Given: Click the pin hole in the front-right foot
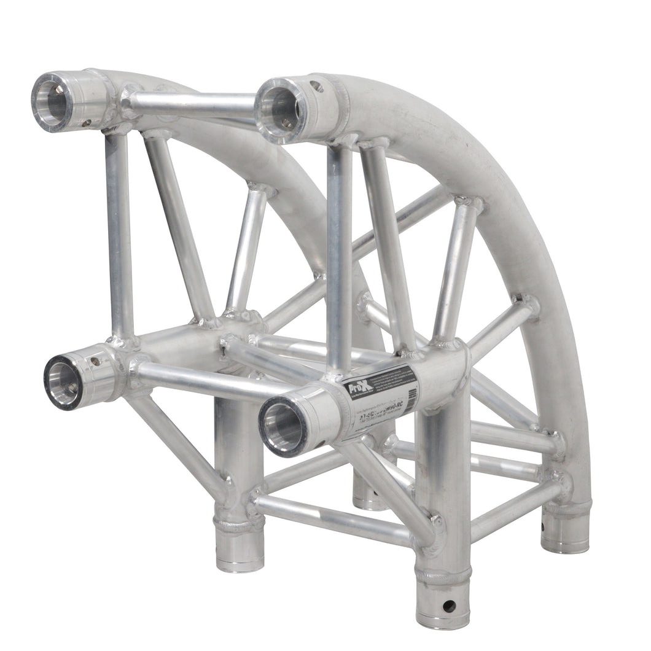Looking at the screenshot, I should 449,606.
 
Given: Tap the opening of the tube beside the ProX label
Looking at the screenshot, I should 284,425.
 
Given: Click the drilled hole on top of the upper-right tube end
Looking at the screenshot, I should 316,87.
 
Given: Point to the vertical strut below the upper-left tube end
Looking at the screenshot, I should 120,233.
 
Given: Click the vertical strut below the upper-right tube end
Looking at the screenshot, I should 339,252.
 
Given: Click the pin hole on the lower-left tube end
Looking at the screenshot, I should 96,362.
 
